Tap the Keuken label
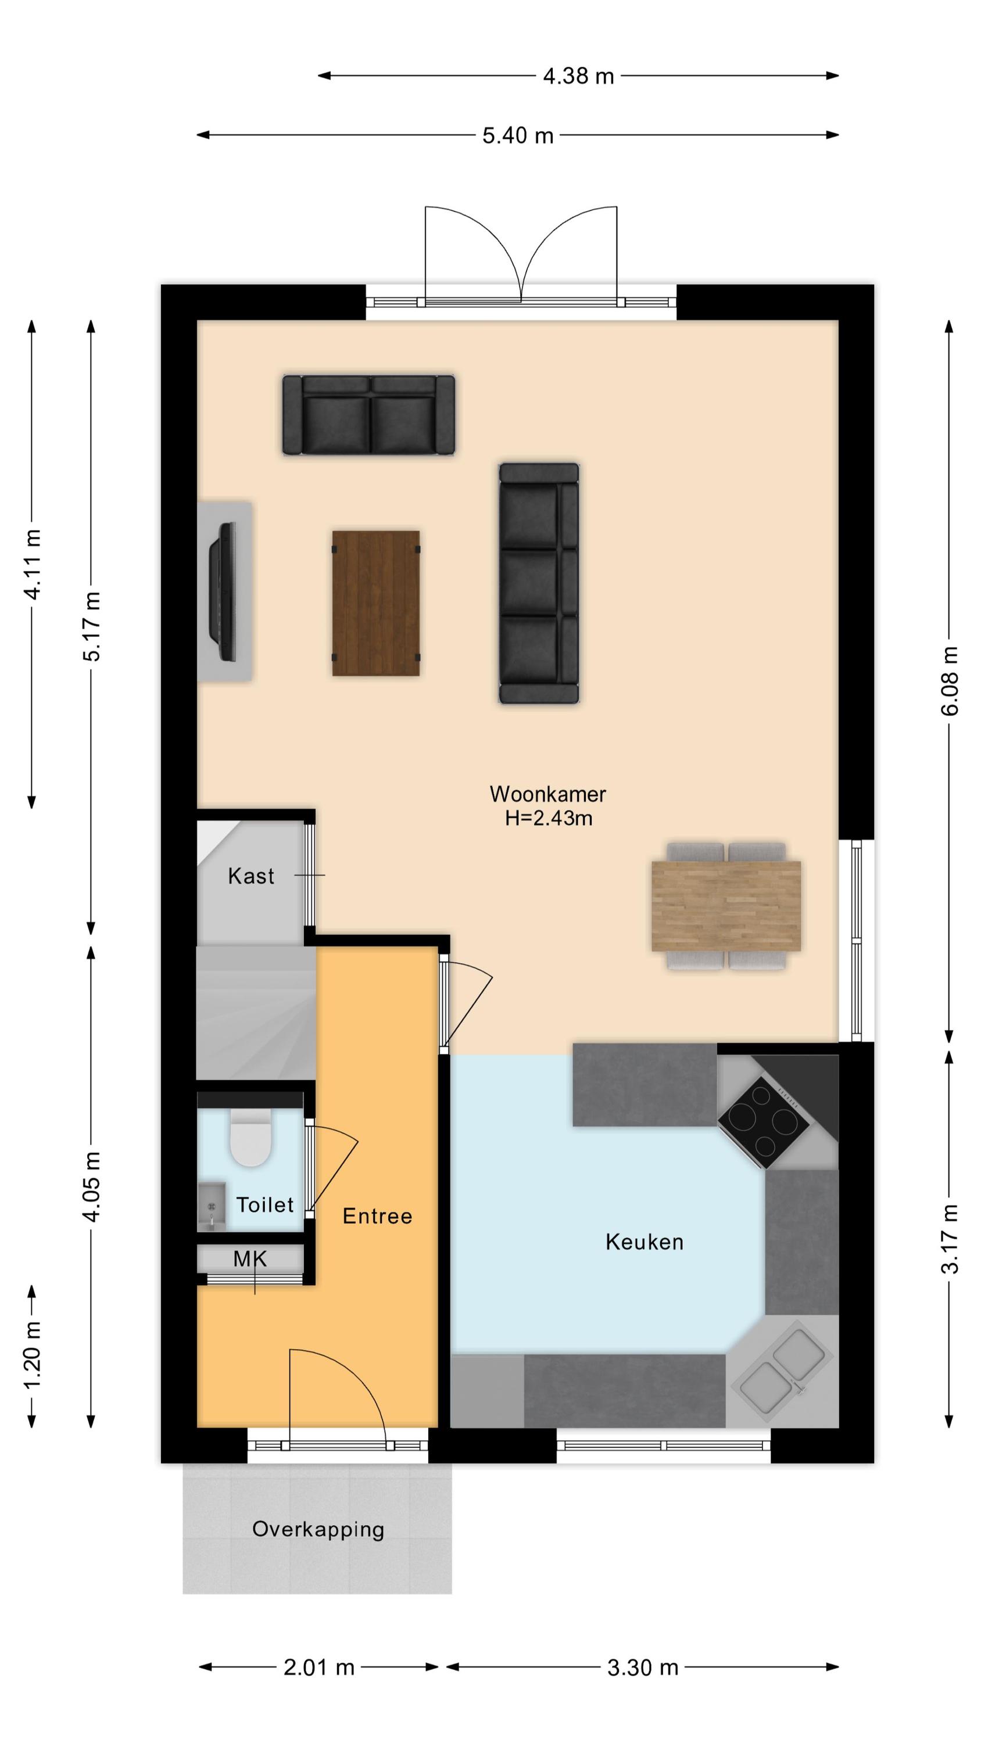(644, 1242)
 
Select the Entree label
(377, 1216)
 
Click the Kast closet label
(250, 876)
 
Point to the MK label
(250, 1259)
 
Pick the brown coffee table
(376, 603)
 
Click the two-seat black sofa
(369, 414)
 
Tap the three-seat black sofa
(539, 583)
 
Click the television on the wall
(222, 591)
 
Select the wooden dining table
(726, 906)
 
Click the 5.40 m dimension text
(518, 135)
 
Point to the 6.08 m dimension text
(950, 681)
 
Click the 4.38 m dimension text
(578, 76)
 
